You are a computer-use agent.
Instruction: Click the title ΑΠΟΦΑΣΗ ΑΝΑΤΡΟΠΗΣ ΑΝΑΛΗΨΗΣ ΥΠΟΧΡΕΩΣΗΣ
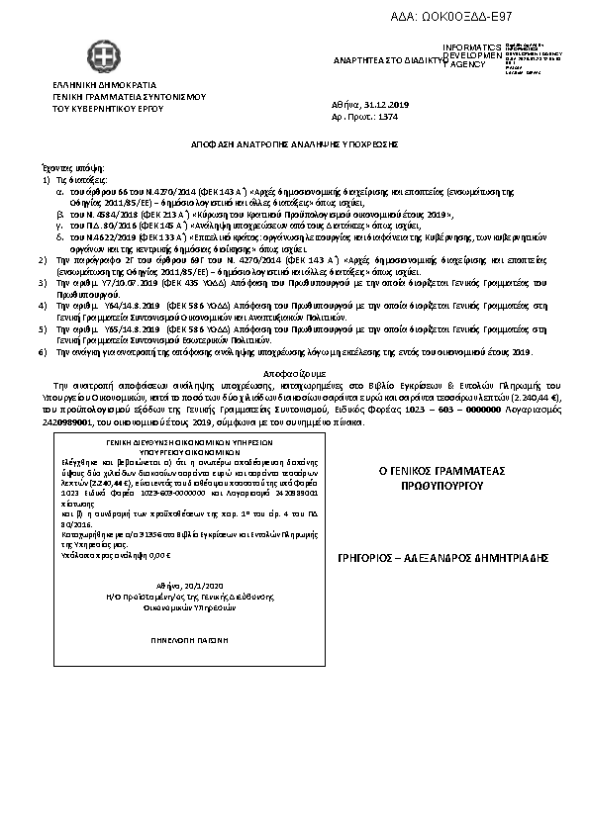click(294, 143)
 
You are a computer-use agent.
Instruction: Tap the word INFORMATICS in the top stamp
click(472, 47)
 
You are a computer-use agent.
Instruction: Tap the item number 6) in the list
click(42, 352)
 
